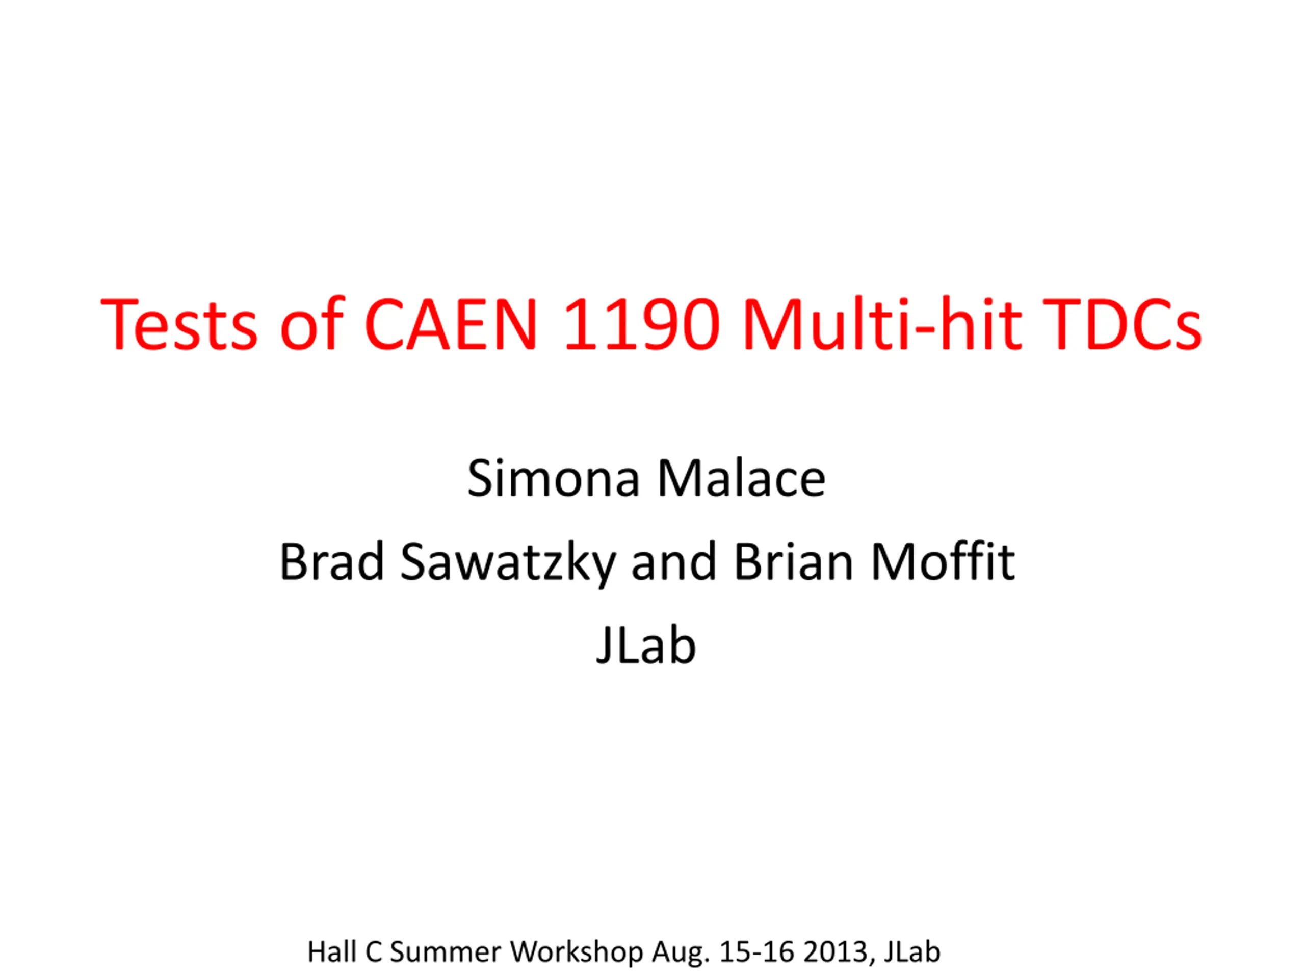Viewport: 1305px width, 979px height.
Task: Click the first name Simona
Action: (x=554, y=478)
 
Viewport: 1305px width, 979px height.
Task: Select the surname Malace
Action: (x=741, y=478)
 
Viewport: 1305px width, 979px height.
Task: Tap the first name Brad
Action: (x=331, y=561)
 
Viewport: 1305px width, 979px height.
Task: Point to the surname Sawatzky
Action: (x=508, y=563)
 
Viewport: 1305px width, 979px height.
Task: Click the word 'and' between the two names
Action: (x=674, y=561)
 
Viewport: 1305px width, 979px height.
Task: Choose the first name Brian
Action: (x=794, y=561)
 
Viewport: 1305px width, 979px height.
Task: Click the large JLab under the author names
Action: (x=646, y=645)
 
